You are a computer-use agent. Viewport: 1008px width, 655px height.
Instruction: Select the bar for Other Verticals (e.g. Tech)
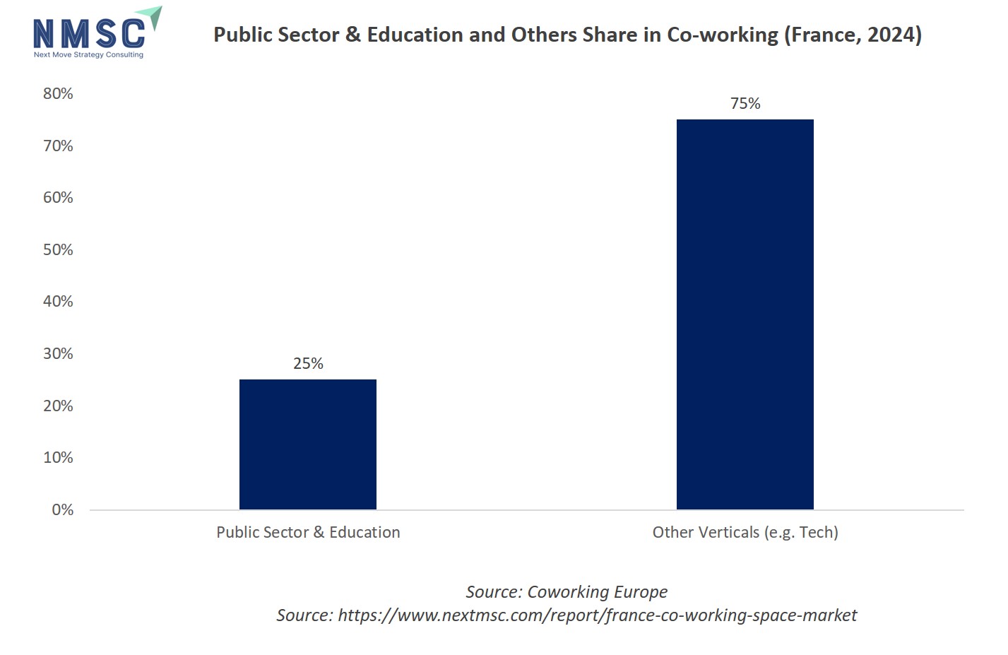[745, 314]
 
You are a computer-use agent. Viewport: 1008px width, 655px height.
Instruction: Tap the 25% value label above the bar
[308, 363]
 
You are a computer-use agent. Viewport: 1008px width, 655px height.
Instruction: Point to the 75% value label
[745, 103]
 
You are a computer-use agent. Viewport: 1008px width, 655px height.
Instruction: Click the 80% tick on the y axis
[58, 93]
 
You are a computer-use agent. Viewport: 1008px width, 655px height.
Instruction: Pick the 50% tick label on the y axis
[58, 249]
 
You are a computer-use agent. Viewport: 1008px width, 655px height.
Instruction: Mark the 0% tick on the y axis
[62, 509]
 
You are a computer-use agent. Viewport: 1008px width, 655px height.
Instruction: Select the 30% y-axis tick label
[58, 353]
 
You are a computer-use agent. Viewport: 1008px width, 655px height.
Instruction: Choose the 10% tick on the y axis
[58, 457]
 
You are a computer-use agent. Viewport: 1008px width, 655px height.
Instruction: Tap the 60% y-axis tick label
[58, 197]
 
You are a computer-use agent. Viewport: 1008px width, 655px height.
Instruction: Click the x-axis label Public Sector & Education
[308, 532]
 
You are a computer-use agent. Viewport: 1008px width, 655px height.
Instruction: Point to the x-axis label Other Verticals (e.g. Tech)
[745, 532]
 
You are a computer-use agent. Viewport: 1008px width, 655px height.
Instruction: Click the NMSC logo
[90, 33]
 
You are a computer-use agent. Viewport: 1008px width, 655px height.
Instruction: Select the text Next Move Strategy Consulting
[88, 54]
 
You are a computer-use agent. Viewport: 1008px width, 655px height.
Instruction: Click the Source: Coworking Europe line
[567, 591]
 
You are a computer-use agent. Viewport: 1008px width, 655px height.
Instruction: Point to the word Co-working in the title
[723, 35]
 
